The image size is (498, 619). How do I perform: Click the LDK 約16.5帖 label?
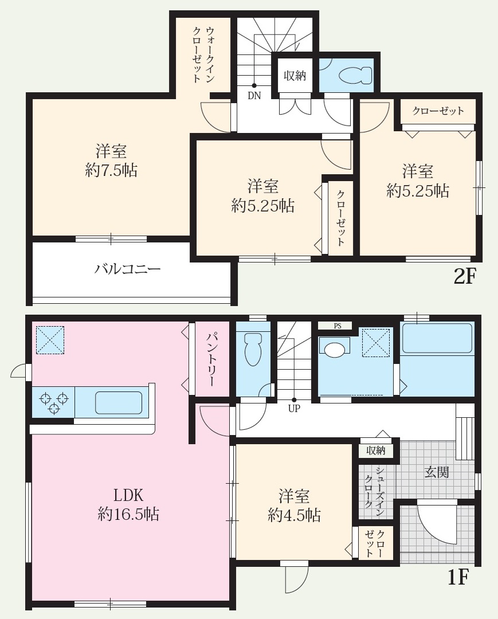128,504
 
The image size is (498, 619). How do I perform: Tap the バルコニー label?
127,269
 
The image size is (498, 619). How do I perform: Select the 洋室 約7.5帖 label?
111,160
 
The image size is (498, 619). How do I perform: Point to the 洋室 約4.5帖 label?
295,506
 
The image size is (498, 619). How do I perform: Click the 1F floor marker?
458,578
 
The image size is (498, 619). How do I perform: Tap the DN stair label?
254,96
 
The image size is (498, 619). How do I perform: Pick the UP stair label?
294,409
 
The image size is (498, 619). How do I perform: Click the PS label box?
338,326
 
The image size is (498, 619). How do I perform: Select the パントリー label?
211,359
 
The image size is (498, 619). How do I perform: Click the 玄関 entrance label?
437,472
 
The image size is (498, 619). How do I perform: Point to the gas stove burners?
53,401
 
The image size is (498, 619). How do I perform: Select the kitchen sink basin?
119,403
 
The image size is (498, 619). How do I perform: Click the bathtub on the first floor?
437,338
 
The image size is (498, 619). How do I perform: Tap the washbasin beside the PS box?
334,349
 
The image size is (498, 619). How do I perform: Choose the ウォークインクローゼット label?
204,54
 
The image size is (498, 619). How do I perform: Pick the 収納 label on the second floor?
295,75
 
